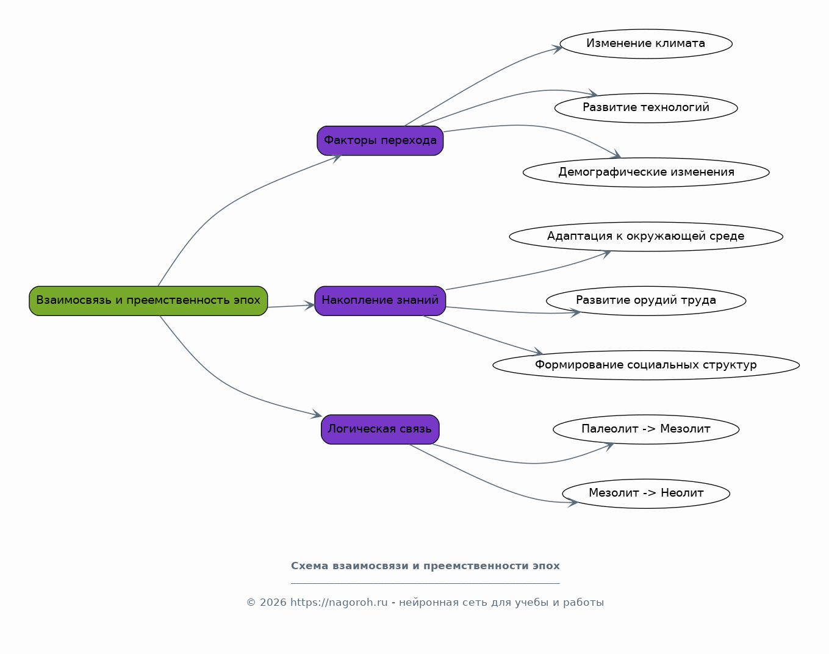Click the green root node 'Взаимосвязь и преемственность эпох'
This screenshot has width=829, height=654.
(148, 301)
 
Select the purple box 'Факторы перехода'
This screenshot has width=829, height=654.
(380, 141)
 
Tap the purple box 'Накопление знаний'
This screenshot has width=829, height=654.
(380, 301)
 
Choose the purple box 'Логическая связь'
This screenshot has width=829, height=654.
(380, 429)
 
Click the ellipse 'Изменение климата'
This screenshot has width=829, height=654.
(646, 44)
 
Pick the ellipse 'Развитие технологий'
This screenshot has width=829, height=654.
(646, 109)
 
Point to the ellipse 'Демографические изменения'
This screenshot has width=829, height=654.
(646, 172)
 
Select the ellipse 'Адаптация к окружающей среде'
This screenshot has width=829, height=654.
(646, 237)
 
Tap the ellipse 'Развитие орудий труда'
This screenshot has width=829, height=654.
(646, 301)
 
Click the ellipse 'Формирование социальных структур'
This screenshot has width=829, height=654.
(646, 365)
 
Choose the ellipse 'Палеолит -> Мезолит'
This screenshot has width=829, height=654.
(646, 429)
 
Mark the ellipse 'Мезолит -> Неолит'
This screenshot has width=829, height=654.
(646, 494)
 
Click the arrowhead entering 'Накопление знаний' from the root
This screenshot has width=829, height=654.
(310, 305)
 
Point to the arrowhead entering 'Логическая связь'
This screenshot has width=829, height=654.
(317, 415)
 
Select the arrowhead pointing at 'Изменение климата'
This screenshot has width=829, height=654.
(557, 49)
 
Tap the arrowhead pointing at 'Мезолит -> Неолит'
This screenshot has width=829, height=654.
(573, 503)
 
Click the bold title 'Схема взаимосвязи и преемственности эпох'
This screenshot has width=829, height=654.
(425, 566)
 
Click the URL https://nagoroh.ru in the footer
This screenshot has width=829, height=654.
(339, 602)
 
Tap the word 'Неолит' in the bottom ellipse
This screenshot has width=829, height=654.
(682, 493)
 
